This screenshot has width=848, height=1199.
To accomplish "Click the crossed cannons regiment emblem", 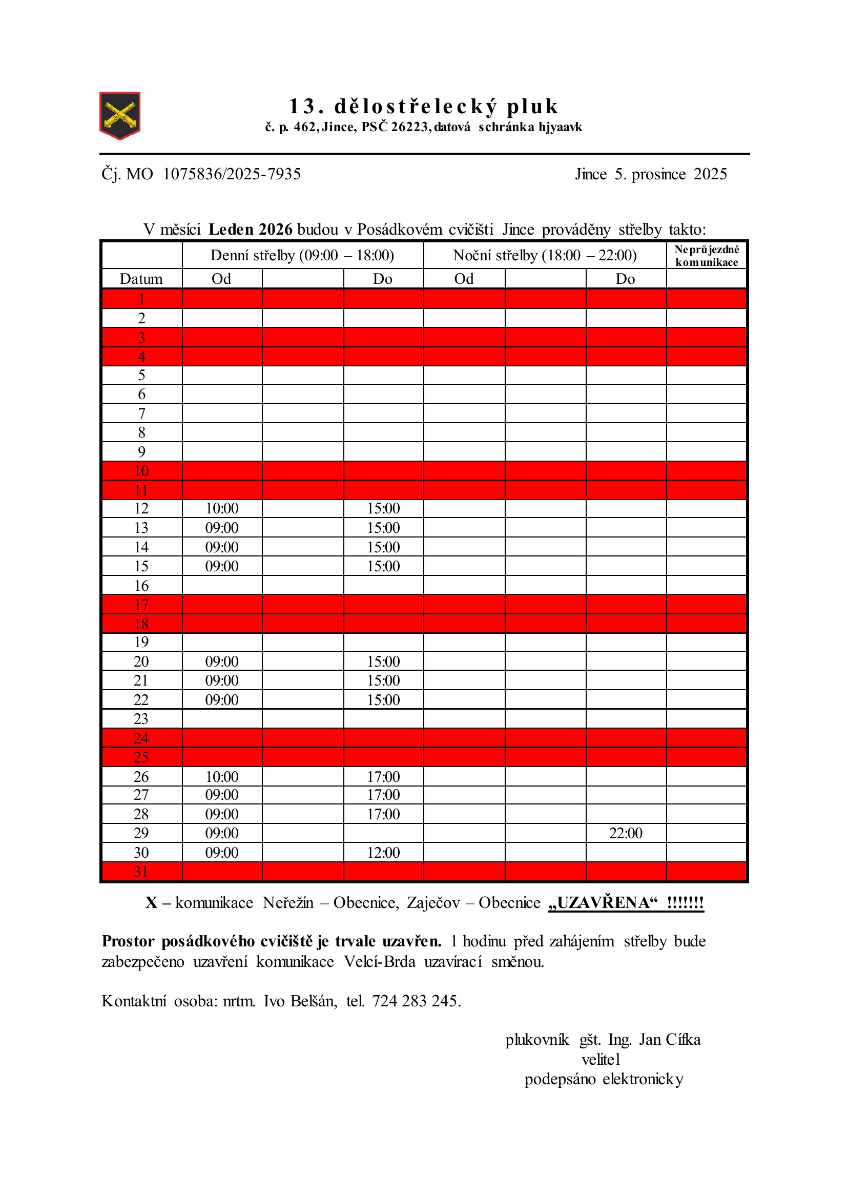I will click(119, 115).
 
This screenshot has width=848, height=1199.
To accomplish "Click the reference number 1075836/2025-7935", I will click(232, 174).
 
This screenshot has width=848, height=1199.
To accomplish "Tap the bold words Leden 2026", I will click(250, 229).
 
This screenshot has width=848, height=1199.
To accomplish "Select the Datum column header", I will click(141, 279).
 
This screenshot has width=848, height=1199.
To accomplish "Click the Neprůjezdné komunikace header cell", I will click(707, 256).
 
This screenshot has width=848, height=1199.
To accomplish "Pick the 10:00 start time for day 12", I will click(222, 509).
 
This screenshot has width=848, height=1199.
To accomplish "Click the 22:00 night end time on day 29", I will click(626, 833).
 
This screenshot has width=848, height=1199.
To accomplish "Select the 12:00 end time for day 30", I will click(383, 853).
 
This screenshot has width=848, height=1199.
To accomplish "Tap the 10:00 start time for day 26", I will click(222, 776).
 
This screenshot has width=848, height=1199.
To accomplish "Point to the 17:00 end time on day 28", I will click(383, 814).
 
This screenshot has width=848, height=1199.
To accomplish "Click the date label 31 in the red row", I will click(141, 872).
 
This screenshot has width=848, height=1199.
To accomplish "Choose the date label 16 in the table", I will click(141, 585).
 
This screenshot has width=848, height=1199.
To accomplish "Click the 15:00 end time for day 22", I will click(383, 700).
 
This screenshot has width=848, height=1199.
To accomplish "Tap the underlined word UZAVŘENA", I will click(603, 903).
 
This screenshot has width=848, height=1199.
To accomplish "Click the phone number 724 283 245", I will click(416, 1001).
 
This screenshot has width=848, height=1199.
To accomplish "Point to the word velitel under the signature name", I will click(601, 1060).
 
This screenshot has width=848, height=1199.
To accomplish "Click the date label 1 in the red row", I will click(141, 299).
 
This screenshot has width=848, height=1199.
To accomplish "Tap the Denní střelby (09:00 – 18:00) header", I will click(302, 255).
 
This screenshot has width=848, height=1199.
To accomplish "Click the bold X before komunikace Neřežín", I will click(152, 903).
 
